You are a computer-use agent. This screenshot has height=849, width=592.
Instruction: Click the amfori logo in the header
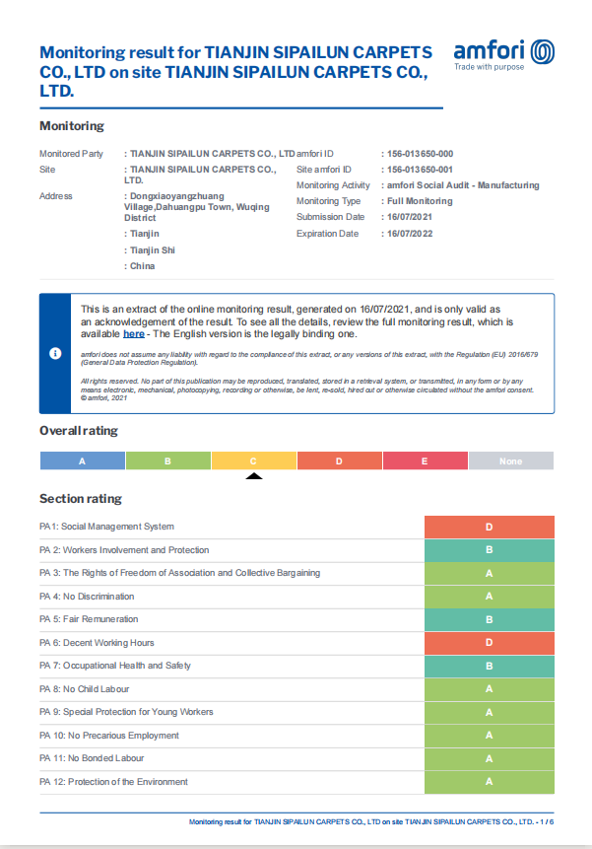(x=503, y=53)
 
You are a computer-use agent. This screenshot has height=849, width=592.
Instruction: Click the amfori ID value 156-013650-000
(x=420, y=154)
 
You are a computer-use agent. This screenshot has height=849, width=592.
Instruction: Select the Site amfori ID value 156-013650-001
(x=420, y=170)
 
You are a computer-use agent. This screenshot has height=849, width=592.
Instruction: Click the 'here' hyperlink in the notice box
(x=134, y=334)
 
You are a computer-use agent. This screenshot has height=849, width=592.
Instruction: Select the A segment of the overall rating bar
(x=82, y=460)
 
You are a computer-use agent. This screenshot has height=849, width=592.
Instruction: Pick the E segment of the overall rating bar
(x=425, y=460)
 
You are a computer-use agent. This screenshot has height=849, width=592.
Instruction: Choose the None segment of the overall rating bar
(x=510, y=460)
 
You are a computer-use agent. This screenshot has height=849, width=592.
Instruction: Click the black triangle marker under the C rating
(x=253, y=476)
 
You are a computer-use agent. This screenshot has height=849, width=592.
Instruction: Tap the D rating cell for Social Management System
(x=489, y=527)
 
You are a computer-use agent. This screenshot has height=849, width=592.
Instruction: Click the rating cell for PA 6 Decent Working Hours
(x=489, y=643)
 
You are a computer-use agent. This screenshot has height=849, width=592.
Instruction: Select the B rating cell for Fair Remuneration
(x=489, y=619)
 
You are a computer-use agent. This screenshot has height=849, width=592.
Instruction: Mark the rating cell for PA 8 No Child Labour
(x=489, y=689)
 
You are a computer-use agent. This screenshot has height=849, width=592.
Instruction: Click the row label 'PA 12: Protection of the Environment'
(x=113, y=782)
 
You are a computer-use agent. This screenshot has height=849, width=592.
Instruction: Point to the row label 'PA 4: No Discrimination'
(x=87, y=597)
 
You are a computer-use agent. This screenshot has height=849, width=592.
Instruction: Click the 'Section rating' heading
(x=81, y=499)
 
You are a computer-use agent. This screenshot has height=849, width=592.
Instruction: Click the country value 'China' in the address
(x=143, y=266)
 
